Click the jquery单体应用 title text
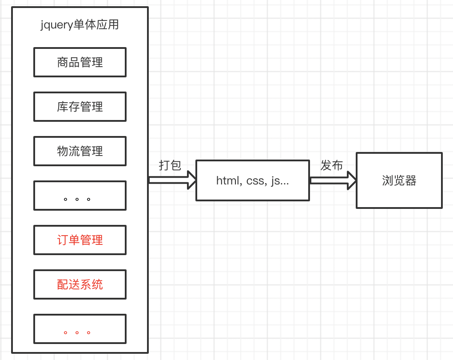[x=80, y=24]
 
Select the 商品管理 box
[x=80, y=62]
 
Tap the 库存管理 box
[x=80, y=107]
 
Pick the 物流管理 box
[x=80, y=151]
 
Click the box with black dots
[x=80, y=196]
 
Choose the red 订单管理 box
[x=80, y=240]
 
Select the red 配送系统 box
[x=80, y=284]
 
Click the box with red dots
[x=80, y=329]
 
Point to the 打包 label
[x=170, y=165]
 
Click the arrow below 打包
[x=172, y=180]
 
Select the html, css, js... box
[x=252, y=180]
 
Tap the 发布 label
[x=332, y=165]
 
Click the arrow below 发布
[x=333, y=180]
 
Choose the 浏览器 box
[x=399, y=180]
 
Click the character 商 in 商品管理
[x=63, y=62]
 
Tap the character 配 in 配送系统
[x=63, y=284]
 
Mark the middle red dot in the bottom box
[x=77, y=332]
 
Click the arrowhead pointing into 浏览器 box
[x=352, y=180]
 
